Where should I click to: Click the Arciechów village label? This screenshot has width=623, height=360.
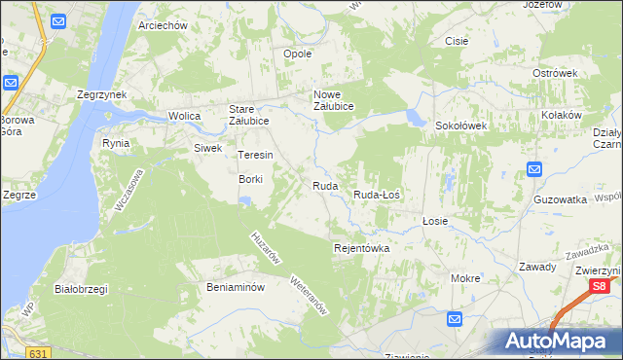coord(163,25)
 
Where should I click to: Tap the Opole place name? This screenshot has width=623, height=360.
coord(297,54)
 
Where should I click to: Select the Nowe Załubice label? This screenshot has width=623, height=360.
coord(333,100)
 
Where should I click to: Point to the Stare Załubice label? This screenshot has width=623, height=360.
coord(248,115)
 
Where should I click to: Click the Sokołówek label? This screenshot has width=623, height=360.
coord(459,126)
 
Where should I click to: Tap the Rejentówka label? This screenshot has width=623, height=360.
coord(361,248)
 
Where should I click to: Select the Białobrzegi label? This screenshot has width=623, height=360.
coord(81,289)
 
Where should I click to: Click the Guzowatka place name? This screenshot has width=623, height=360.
coord(560,198)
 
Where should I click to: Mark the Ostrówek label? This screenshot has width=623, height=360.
coord(556,73)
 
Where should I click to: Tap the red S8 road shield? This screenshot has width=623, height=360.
coord(601,286)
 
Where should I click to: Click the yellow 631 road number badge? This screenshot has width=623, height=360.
coord(38,352)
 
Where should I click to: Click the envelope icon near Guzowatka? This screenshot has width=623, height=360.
coord(534,170)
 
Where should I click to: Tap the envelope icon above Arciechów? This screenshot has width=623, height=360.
coord(57,20)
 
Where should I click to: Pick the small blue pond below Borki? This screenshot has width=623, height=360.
coord(245,201)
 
